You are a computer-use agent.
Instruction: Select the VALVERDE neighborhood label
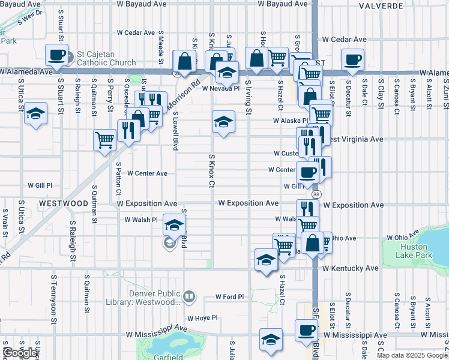pos(381,6)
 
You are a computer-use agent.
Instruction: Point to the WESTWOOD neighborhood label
pos(64,203)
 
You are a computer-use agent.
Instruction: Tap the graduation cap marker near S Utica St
pos(36,113)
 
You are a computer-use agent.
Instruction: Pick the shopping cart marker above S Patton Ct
pos(104,140)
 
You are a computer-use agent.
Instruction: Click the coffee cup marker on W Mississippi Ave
pos(306,329)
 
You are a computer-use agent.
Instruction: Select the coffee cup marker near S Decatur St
pos(352,59)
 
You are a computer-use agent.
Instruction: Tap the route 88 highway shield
pos(316,194)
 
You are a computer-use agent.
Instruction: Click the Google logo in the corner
pos(20,353)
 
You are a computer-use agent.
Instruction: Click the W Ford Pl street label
pos(230,296)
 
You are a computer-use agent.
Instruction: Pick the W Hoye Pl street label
pos(201,319)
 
